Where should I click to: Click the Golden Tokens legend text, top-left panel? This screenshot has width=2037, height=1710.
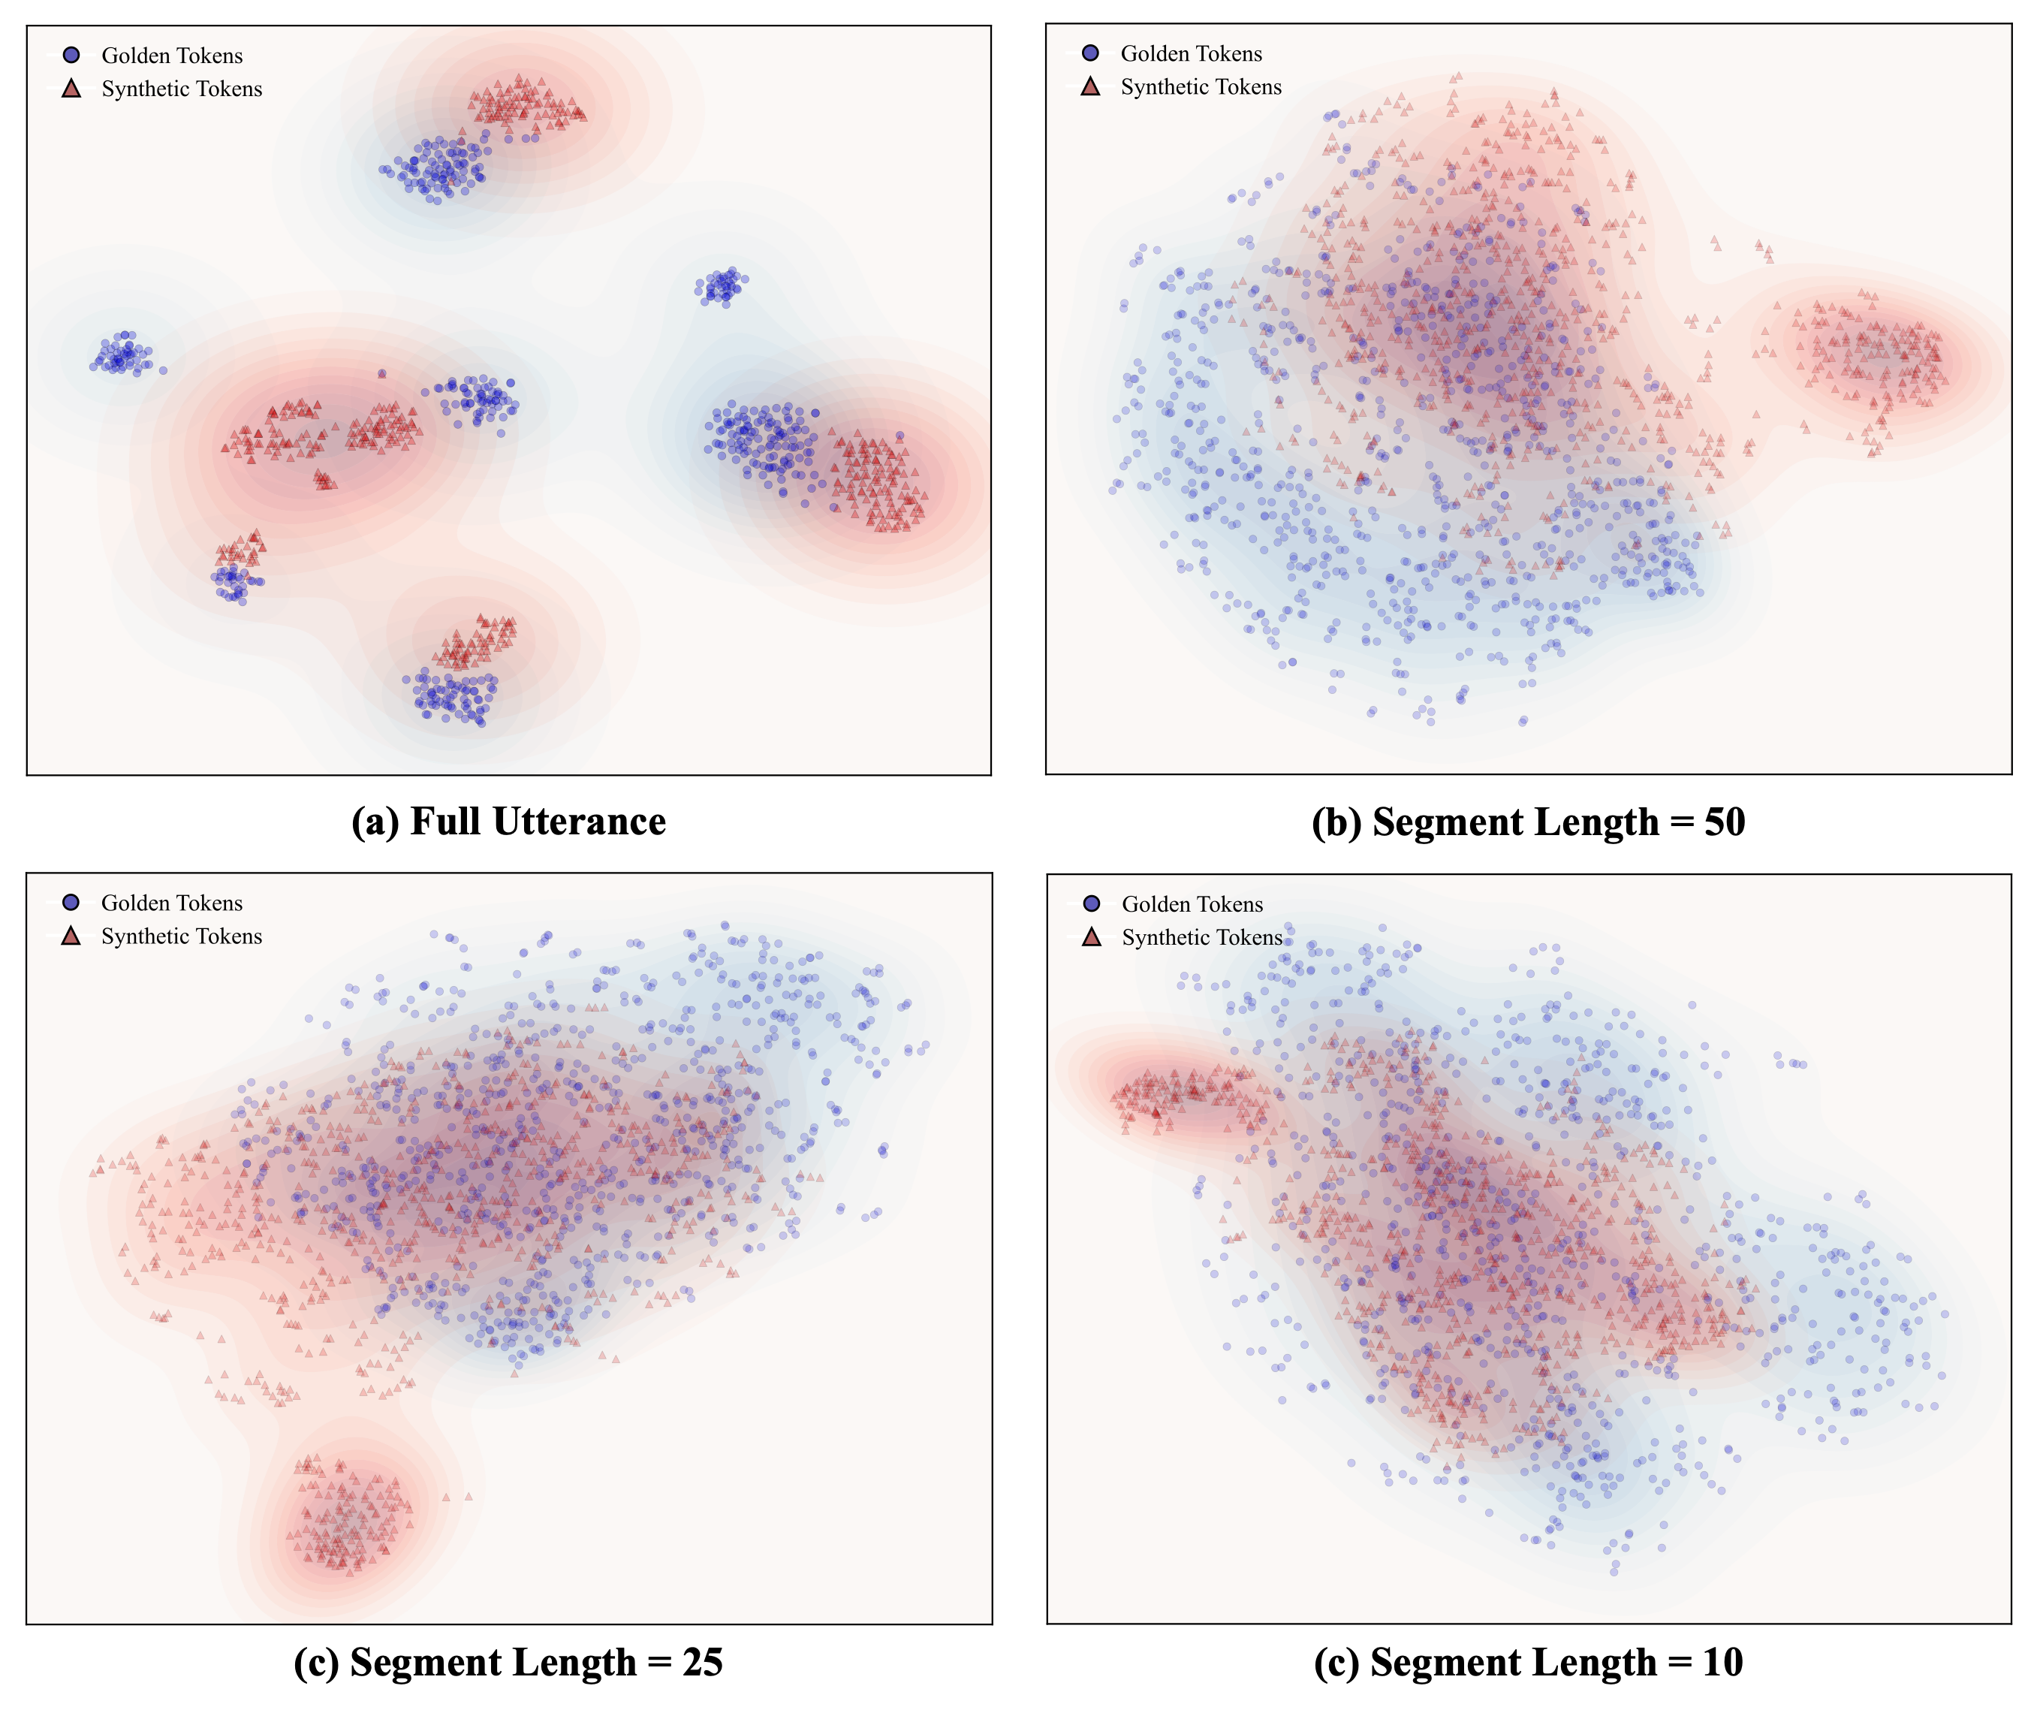pyautogui.click(x=172, y=56)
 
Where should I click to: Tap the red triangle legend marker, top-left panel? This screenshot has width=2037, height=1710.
pyautogui.click(x=71, y=89)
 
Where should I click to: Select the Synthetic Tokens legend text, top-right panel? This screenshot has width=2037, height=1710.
pyautogui.click(x=1201, y=86)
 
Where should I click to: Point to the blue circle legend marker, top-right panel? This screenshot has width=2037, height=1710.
pyautogui.click(x=1090, y=53)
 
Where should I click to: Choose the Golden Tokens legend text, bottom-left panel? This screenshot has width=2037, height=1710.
pyautogui.click(x=172, y=903)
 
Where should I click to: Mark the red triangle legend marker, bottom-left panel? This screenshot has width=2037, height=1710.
pyautogui.click(x=71, y=936)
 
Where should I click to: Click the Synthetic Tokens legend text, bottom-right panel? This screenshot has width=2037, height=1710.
pyautogui.click(x=1202, y=937)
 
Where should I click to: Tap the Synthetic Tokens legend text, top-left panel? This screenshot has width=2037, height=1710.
pyautogui.click(x=182, y=89)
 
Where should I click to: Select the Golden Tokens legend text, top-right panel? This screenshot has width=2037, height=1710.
pyautogui.click(x=1191, y=53)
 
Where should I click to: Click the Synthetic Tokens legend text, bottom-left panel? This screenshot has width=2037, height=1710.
pyautogui.click(x=182, y=936)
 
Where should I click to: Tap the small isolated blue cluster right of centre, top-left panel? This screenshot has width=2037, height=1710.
pyautogui.click(x=722, y=286)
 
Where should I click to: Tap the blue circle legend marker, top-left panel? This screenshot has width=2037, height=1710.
pyautogui.click(x=71, y=56)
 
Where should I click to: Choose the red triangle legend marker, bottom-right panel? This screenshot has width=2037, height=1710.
pyautogui.click(x=1091, y=937)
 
